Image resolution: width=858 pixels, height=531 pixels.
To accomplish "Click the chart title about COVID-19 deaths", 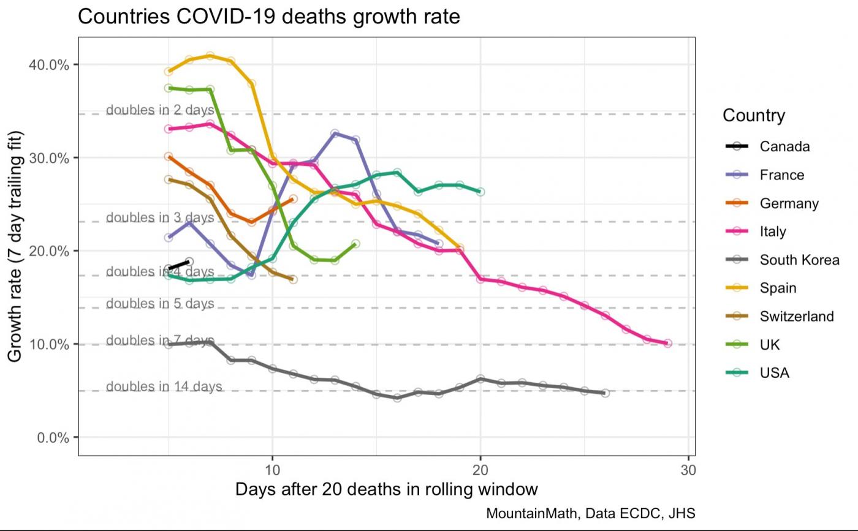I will tap(268, 17).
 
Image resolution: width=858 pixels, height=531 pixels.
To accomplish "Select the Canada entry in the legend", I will tap(784, 146).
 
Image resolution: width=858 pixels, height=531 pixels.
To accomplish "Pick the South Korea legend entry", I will tap(799, 260).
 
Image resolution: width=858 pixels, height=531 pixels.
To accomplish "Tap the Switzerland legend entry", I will tap(796, 316).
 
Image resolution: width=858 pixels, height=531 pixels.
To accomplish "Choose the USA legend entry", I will tap(774, 373).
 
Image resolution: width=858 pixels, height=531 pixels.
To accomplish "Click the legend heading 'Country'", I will tap(753, 115).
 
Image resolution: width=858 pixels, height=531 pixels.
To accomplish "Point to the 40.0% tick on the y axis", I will tap(48, 64).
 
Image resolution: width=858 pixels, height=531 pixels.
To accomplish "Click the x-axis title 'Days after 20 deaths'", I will tap(386, 489).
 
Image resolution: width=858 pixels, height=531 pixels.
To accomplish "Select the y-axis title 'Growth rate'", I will tap(15, 246).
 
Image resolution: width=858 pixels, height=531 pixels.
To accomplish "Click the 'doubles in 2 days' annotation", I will tap(160, 110).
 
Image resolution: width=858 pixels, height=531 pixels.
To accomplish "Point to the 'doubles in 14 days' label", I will tap(164, 386).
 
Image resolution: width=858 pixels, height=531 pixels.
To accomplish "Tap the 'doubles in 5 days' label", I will tap(160, 304).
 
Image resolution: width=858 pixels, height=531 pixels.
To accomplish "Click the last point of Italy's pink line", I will tap(667, 344).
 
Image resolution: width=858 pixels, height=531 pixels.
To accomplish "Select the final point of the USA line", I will tap(480, 192).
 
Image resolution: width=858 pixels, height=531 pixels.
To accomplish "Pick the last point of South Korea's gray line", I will tap(605, 393).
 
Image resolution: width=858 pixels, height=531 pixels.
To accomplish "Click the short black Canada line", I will tap(179, 265).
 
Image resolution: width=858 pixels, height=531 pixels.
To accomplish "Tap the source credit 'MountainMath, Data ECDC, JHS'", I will tap(590, 513).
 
